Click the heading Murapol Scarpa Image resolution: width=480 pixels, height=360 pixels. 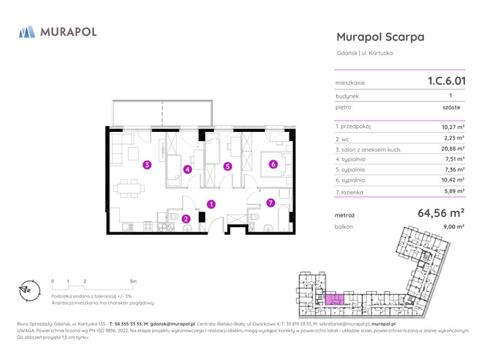380,37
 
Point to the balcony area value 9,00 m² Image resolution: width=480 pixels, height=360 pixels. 453,226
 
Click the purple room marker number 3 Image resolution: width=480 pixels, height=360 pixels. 148,164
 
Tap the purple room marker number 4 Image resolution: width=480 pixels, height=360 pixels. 187,169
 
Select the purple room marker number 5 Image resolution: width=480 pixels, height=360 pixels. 228,166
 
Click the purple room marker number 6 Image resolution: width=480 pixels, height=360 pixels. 273,163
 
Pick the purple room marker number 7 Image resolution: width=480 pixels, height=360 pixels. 271,202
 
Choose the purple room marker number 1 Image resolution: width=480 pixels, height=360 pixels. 211,203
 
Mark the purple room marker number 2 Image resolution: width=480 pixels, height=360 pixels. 186,218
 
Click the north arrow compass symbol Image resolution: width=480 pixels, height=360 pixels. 25,290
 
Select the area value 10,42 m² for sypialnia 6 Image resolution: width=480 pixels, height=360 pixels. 452,181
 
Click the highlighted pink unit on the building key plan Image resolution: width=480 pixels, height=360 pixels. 336,298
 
